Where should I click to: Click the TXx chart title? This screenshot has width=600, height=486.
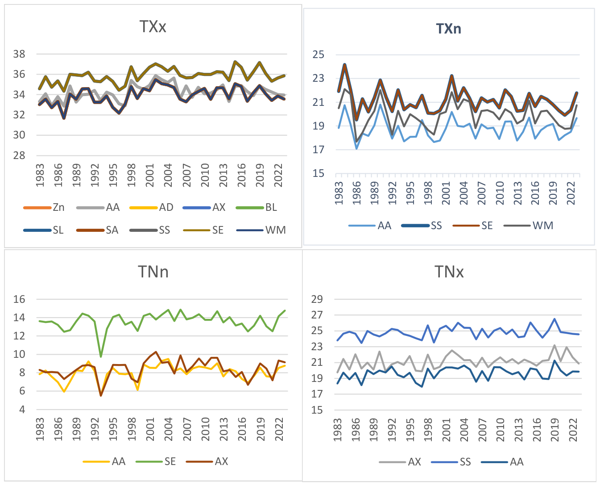coord(153,27)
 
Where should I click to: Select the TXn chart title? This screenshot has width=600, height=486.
coord(448,29)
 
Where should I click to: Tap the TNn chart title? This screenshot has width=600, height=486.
coord(153,272)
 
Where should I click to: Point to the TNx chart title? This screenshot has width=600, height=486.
coord(449,272)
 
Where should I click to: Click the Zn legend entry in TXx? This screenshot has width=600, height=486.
coord(44,207)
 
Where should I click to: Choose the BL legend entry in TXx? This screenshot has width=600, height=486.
coord(257,207)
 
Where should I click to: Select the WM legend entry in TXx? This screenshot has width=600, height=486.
coord(261,230)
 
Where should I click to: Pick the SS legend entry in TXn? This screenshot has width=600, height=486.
coord(422,226)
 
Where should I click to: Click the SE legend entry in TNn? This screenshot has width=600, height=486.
coord(156,462)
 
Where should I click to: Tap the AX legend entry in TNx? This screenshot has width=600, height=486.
coord(400,462)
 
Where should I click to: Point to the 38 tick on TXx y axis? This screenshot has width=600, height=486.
coord(19,54)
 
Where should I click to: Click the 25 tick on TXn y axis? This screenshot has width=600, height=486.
coord(319,54)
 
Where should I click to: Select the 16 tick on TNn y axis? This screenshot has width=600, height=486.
coord(19,299)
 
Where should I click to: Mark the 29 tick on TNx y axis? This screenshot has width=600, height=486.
coord(317,299)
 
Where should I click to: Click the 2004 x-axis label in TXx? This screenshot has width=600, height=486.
coord(168,175)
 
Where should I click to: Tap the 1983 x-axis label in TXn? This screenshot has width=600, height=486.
coord(339,193)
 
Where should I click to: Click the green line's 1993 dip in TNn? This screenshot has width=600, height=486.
coord(101,357)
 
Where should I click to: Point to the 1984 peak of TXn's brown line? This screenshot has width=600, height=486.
coord(344,65)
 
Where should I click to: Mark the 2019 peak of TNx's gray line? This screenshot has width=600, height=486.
coord(554,345)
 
